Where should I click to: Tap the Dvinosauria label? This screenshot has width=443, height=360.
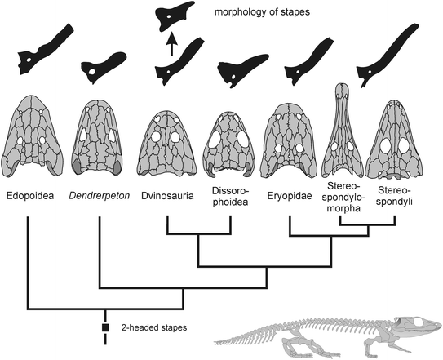coord(166,197)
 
